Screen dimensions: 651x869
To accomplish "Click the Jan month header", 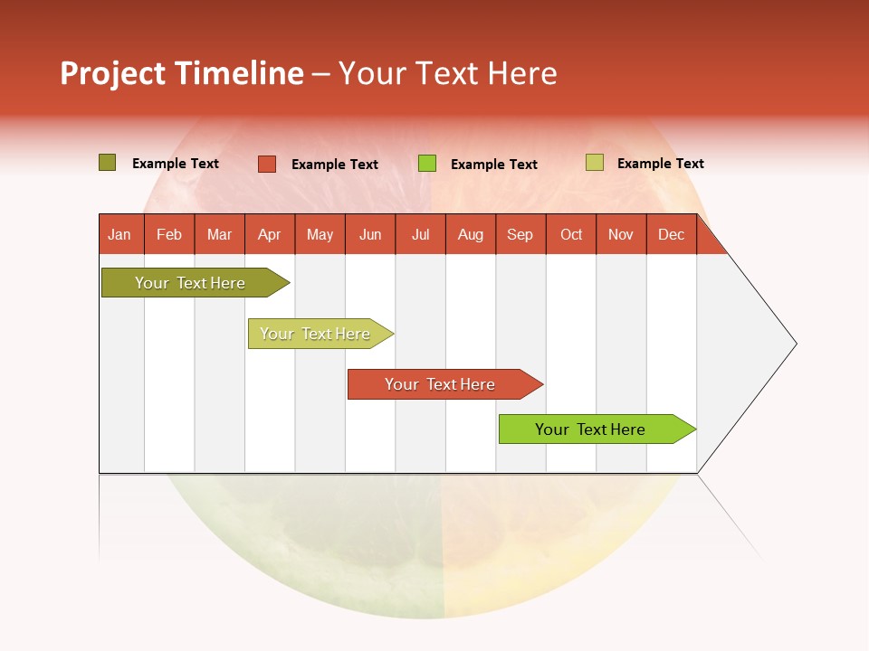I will point(119,235).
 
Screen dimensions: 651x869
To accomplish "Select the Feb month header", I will point(169,235).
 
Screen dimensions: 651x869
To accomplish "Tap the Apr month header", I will point(269,235).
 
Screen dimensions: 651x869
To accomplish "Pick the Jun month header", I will point(370,235).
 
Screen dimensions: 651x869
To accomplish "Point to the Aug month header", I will point(470,235).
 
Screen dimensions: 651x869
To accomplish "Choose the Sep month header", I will point(520,235).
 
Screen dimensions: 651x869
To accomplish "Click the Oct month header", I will point(571,235).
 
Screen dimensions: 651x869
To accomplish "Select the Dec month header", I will point(671,235).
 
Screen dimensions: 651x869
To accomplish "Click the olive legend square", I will point(107,163).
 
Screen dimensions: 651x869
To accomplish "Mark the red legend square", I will point(267,164).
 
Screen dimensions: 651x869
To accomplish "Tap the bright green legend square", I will point(427,164).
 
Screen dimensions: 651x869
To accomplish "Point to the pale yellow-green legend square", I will point(594,163).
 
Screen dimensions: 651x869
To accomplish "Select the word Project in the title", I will point(112,73).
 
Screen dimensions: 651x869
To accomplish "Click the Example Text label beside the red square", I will point(335,165).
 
